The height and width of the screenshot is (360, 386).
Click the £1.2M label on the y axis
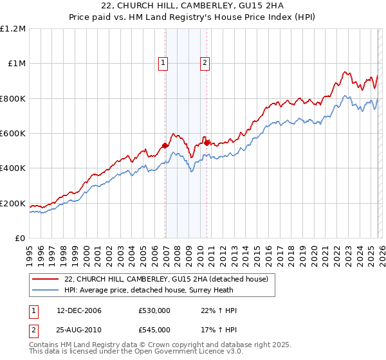12,29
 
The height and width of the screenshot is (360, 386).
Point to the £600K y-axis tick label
12,134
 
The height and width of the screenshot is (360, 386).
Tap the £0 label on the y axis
19,239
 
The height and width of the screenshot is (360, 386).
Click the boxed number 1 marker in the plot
163,63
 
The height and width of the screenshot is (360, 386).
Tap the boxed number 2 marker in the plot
205,63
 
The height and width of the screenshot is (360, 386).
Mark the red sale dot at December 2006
165,146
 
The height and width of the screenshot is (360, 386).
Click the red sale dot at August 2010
207,143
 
